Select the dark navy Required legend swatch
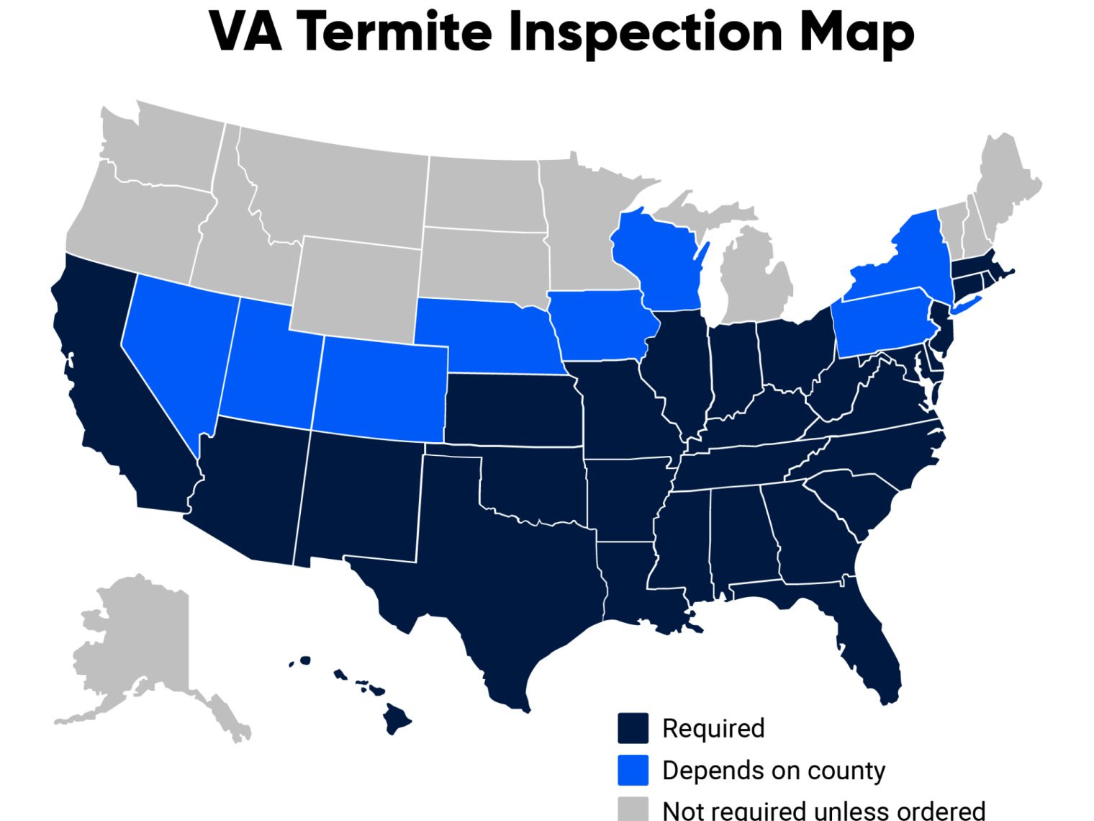pos(633,728)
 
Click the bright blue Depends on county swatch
pos(633,770)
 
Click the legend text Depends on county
pos(774,770)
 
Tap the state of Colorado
pos(381,389)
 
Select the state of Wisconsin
pos(659,259)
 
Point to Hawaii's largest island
pos(396,717)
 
